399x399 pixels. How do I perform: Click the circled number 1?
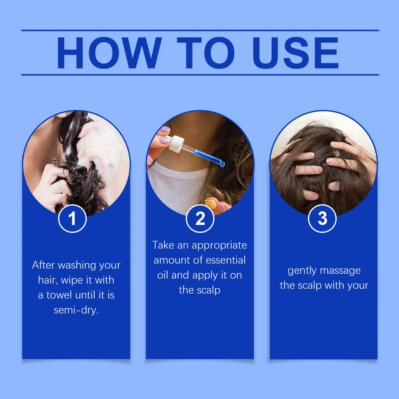click(72, 219)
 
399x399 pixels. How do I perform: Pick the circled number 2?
click(200, 219)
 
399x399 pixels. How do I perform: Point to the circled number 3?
click(322, 219)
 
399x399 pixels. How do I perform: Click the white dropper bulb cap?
click(176, 143)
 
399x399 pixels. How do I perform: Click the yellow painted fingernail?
click(211, 203)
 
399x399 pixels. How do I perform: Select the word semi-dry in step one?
click(76, 311)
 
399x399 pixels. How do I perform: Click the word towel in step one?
click(60, 295)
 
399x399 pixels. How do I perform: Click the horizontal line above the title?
click(200, 30)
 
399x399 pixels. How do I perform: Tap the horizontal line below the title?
click(200, 74)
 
